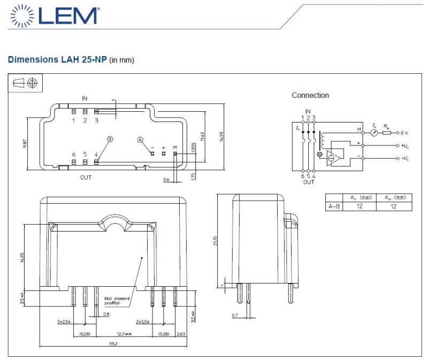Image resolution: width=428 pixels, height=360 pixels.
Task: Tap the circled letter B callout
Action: (110, 139)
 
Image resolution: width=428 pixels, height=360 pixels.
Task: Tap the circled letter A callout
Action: (141, 139)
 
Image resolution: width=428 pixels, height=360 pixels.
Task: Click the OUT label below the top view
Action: (87, 177)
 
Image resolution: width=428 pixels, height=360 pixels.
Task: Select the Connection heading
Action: (310, 95)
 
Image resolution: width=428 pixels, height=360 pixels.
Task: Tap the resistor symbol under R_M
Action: (386, 132)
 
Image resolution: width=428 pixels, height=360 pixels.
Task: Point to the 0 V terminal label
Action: (406, 132)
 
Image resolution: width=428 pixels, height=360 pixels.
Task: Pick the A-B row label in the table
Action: (334, 206)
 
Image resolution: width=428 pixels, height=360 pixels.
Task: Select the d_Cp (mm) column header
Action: (394, 197)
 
